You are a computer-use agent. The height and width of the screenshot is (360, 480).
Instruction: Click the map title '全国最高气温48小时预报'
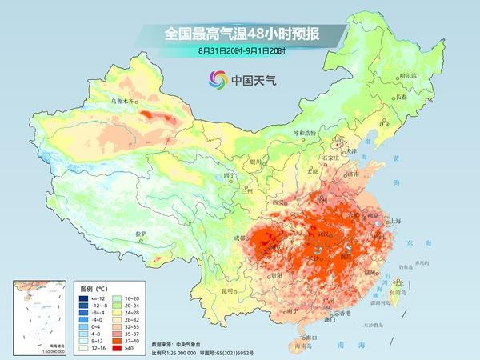pos(239,34)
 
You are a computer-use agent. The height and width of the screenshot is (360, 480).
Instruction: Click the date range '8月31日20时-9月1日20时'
pos(240,51)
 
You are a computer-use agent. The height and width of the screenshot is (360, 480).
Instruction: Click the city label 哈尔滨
pos(387,75)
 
